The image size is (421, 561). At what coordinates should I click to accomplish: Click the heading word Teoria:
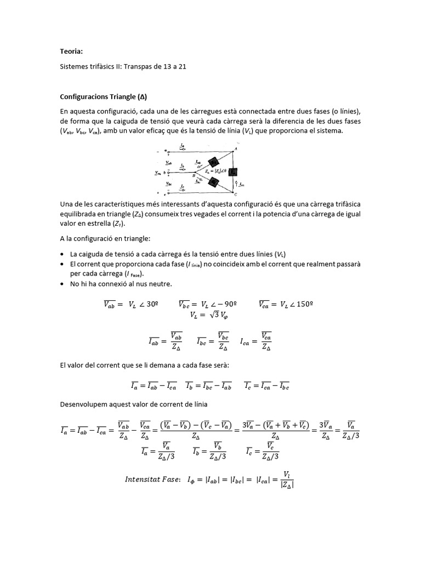point(71,51)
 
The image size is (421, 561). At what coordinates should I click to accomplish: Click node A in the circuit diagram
point(236,149)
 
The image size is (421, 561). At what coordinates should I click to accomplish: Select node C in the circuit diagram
point(235,194)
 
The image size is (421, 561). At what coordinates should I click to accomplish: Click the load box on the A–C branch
point(232,171)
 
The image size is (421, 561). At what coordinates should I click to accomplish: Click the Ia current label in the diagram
point(182,145)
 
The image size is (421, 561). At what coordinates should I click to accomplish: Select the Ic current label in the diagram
point(182,188)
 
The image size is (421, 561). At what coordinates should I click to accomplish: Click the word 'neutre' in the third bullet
point(162,283)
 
